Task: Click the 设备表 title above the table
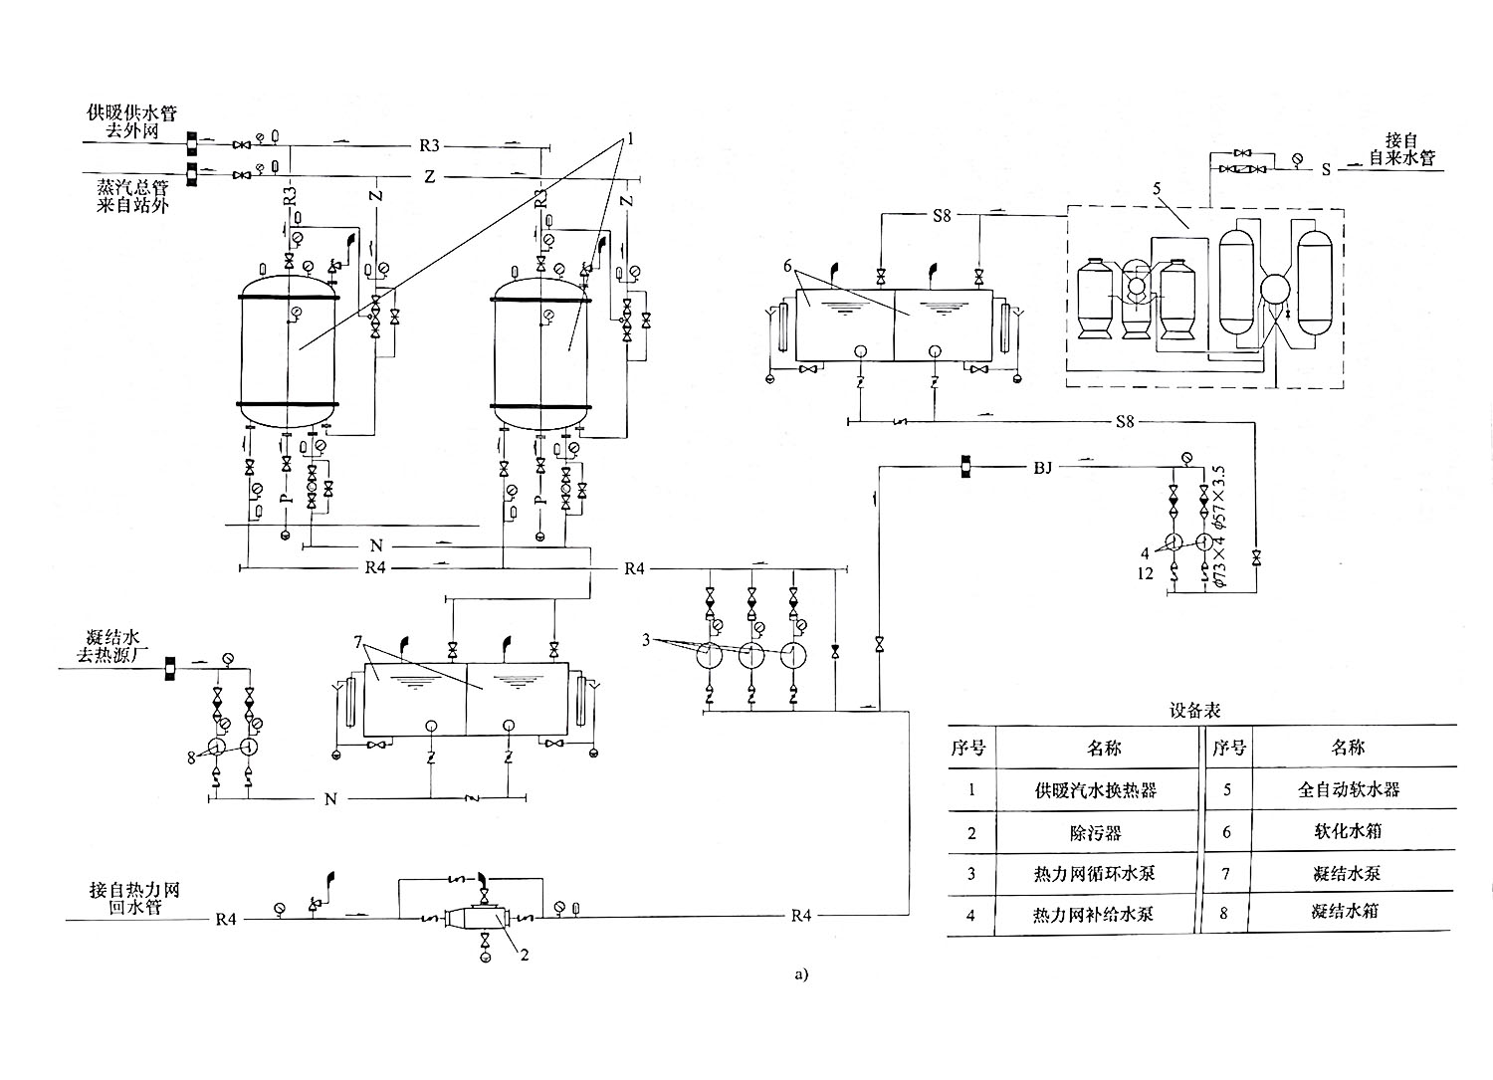[1194, 711]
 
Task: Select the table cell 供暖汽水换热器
[1096, 790]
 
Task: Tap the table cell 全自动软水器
[1349, 790]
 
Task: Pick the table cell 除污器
[1096, 833]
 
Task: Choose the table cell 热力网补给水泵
[1093, 915]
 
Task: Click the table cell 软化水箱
[1348, 831]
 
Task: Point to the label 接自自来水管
[1402, 149]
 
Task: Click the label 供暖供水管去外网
[132, 121]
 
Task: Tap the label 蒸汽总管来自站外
[132, 197]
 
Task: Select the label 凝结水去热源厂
[111, 646]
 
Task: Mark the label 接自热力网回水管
[134, 898]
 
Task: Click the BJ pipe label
[1042, 468]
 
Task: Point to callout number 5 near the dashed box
[1157, 189]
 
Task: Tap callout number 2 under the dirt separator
[525, 956]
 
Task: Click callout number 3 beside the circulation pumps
[646, 640]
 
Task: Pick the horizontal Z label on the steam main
[430, 176]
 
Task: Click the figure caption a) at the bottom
[801, 974]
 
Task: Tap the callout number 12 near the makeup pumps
[1145, 573]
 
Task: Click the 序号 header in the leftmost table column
[967, 748]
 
